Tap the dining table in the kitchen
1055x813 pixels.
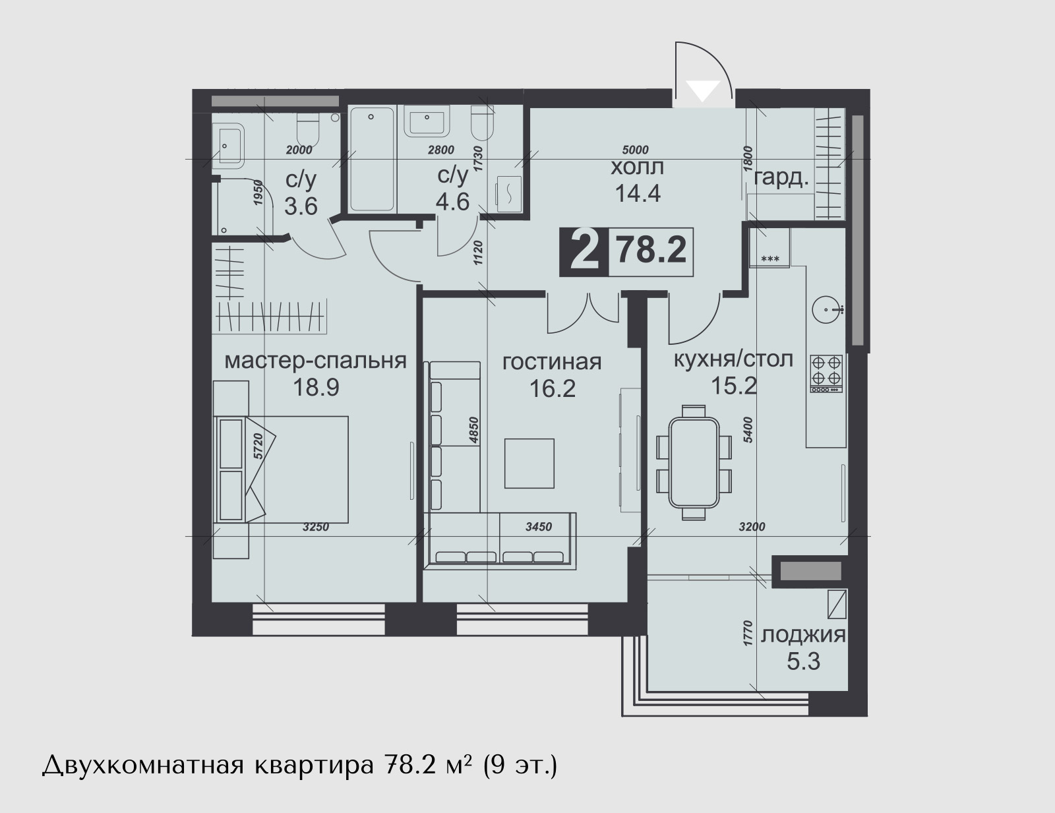click(x=694, y=462)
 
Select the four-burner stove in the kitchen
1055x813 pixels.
click(x=826, y=373)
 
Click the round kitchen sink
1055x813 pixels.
click(x=827, y=310)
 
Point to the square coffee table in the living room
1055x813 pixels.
click(x=529, y=463)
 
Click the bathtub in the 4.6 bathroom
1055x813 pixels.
click(x=372, y=159)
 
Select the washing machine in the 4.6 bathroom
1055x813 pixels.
click(x=508, y=194)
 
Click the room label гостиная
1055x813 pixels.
click(x=551, y=362)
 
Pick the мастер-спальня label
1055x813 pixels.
click(x=316, y=361)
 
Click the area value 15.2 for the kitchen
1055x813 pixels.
click(x=734, y=386)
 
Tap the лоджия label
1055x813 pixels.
click(x=803, y=635)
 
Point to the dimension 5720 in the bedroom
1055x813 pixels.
click(x=258, y=446)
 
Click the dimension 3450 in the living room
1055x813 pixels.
click(x=539, y=527)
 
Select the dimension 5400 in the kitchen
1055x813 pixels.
click(x=748, y=429)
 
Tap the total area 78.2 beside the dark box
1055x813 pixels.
click(x=651, y=251)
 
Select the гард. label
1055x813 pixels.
click(x=781, y=179)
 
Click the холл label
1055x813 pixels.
click(x=637, y=167)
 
